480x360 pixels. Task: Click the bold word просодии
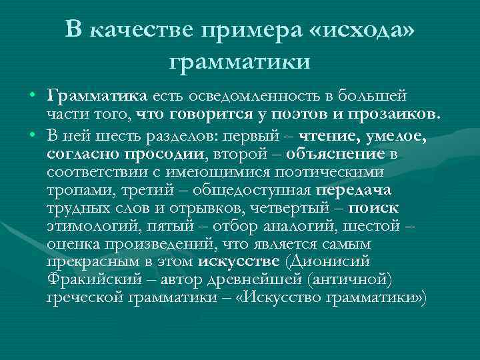(x=165, y=155)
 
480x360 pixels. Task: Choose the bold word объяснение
(x=336, y=155)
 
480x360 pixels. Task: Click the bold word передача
(x=353, y=189)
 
